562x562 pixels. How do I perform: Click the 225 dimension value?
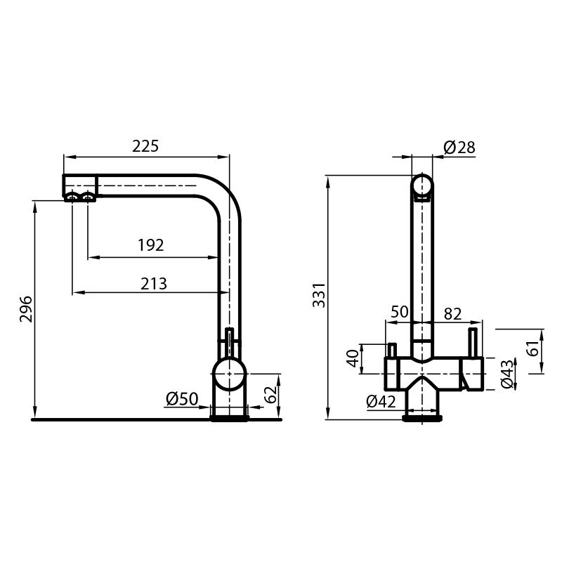pyautogui.click(x=146, y=146)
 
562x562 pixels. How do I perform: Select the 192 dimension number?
pyautogui.click(x=150, y=245)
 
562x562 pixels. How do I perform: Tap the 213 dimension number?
pyautogui.click(x=154, y=283)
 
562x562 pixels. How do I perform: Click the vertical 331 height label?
pyautogui.click(x=318, y=295)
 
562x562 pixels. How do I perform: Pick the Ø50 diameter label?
pyautogui.click(x=182, y=399)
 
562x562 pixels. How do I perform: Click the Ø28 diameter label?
pyautogui.click(x=459, y=147)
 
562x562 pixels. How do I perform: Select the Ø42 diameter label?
pyautogui.click(x=382, y=401)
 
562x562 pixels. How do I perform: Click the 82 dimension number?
pyautogui.click(x=454, y=313)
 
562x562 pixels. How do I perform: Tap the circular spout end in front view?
pyautogui.click(x=421, y=186)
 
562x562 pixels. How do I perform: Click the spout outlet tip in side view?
pyautogui.click(x=79, y=196)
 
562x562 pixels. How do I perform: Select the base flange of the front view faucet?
pyautogui.click(x=421, y=419)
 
